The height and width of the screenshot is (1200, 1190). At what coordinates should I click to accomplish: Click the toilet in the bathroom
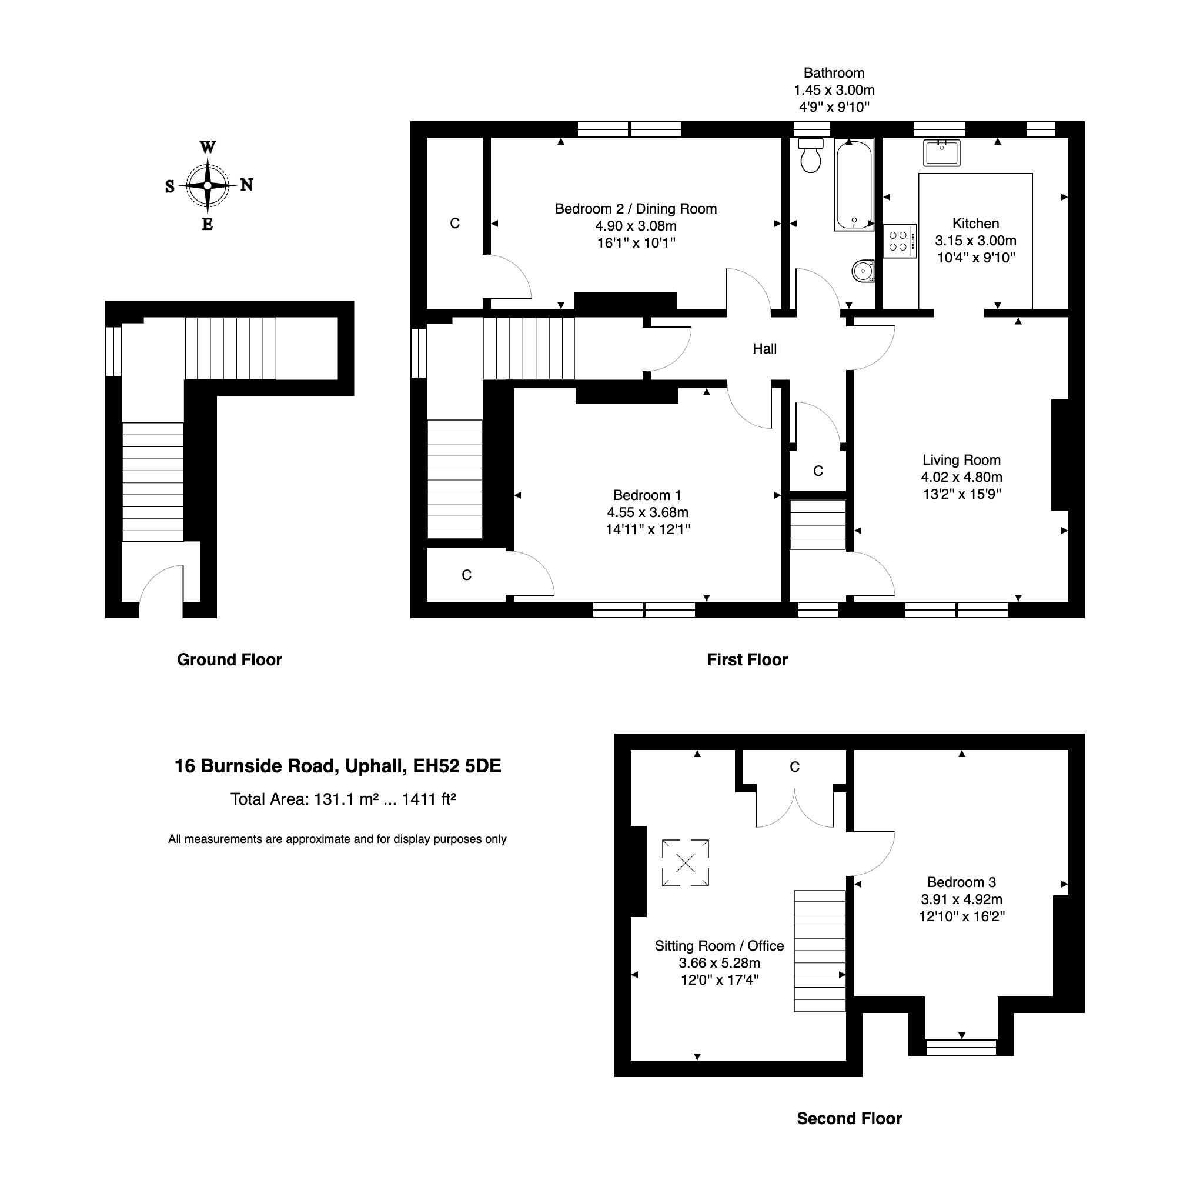[810, 156]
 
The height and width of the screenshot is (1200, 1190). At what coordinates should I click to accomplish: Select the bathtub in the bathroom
[854, 185]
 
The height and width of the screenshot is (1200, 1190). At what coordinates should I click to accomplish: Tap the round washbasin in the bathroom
[863, 271]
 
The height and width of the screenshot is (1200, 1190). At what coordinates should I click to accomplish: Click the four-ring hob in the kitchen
[899, 241]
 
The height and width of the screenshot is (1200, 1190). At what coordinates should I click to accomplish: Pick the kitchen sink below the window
[941, 153]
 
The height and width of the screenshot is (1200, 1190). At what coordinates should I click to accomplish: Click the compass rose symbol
[208, 185]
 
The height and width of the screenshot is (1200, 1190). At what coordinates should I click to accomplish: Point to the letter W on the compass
[208, 148]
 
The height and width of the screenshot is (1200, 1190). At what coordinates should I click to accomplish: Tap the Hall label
[764, 349]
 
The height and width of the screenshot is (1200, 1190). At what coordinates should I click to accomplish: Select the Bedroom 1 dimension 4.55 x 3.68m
[647, 512]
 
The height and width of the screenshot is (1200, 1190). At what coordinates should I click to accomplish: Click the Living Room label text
[961, 460]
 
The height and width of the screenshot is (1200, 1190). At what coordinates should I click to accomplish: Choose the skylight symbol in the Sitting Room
[686, 863]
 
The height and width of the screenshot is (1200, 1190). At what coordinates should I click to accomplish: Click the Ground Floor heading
[230, 659]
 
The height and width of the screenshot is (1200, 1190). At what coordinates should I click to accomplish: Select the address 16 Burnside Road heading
[337, 766]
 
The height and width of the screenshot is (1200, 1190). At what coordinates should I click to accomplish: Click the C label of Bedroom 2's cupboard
[454, 224]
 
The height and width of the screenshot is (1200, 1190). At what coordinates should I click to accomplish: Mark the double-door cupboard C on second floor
[794, 768]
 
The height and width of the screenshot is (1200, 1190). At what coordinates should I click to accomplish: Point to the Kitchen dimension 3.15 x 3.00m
[975, 241]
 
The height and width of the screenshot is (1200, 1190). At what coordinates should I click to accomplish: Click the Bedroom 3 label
[961, 882]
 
